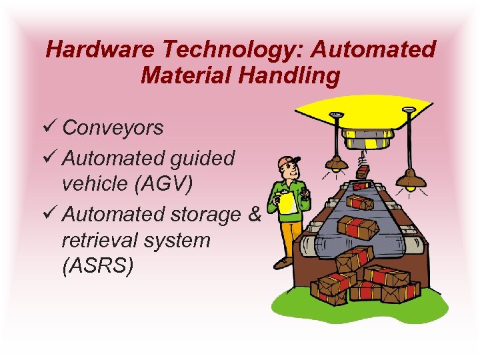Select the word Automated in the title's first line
pos(378,49)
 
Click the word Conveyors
pos(113,128)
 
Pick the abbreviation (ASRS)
pos(98,266)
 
